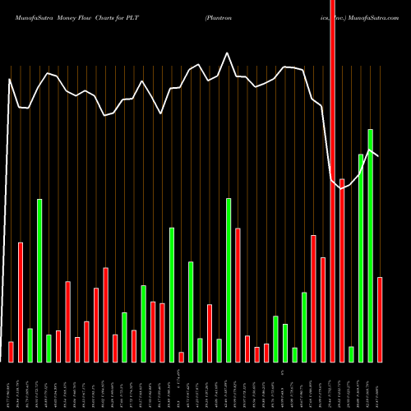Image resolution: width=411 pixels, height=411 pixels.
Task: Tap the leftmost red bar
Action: pyautogui.click(x=12, y=351)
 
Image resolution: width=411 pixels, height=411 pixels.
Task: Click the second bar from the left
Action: pyautogui.click(x=21, y=302)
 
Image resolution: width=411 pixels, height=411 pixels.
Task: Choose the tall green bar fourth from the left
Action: pyautogui.click(x=39, y=279)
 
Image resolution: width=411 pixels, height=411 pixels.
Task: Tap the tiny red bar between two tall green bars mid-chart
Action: pyautogui.click(x=181, y=357)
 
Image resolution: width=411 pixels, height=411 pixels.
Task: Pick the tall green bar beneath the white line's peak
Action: pyautogui.click(x=229, y=279)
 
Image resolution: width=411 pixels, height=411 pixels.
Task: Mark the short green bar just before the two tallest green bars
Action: pyautogui.click(x=351, y=353)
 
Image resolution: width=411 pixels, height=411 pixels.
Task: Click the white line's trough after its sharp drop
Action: pyautogui.click(x=341, y=188)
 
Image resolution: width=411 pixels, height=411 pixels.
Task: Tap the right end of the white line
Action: pyautogui.click(x=378, y=155)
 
